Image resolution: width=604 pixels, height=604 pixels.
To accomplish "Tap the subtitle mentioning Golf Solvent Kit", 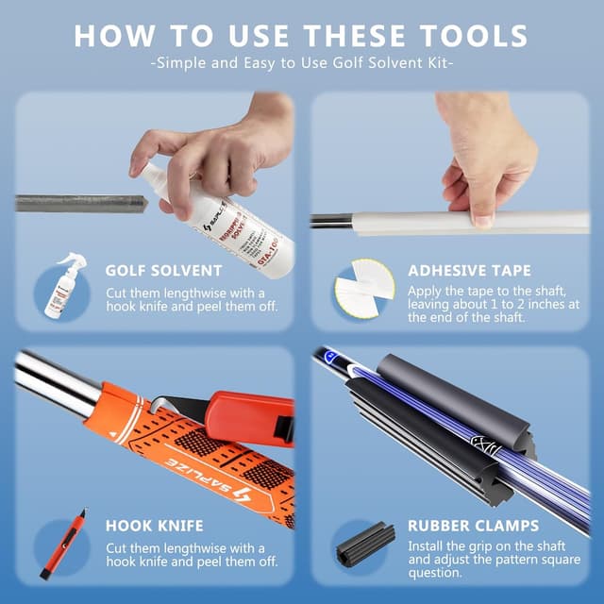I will pos(302,63).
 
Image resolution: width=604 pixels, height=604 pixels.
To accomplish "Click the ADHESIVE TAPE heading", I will pos(469,271).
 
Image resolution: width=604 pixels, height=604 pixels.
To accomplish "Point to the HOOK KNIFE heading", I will pos(154,526).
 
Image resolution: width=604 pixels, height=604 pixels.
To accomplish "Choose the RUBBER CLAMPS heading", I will pos(473,526).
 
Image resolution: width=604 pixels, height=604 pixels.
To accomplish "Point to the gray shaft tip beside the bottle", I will pos(80,203).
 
